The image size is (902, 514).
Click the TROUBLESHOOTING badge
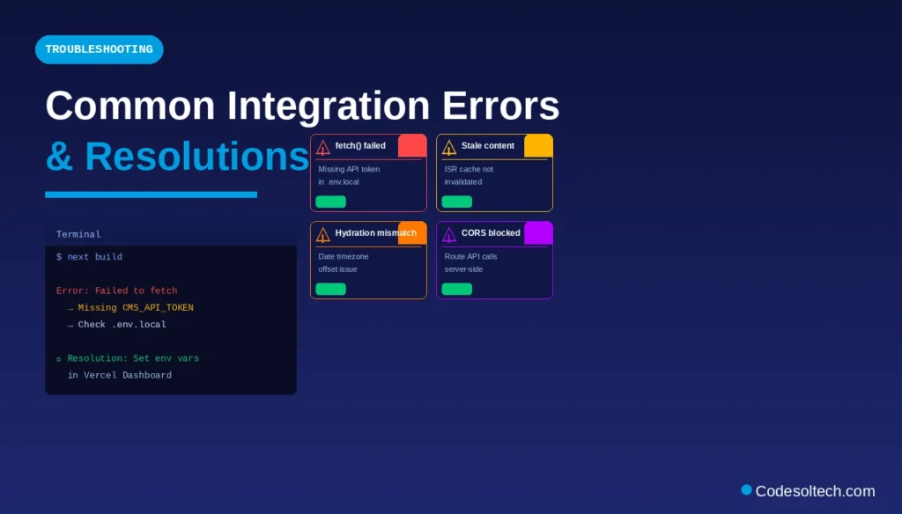(99, 49)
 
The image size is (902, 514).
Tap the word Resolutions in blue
(196, 157)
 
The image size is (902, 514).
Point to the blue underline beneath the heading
(151, 195)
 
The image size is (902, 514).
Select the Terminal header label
(78, 234)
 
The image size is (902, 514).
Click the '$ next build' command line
(89, 257)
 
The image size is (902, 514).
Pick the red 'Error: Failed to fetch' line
(116, 290)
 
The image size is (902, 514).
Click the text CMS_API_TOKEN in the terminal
(158, 308)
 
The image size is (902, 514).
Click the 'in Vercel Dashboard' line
(119, 375)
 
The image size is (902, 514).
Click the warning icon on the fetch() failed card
(323, 148)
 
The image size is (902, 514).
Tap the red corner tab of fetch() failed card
(412, 145)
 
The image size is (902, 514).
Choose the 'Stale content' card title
(487, 146)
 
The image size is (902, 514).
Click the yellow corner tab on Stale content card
(538, 145)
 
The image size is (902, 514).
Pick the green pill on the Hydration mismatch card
(331, 289)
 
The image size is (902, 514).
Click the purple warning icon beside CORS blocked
(449, 234)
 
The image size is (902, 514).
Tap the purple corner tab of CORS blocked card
(538, 232)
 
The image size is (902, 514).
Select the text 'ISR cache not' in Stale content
(469, 169)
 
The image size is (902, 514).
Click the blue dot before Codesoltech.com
(747, 489)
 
